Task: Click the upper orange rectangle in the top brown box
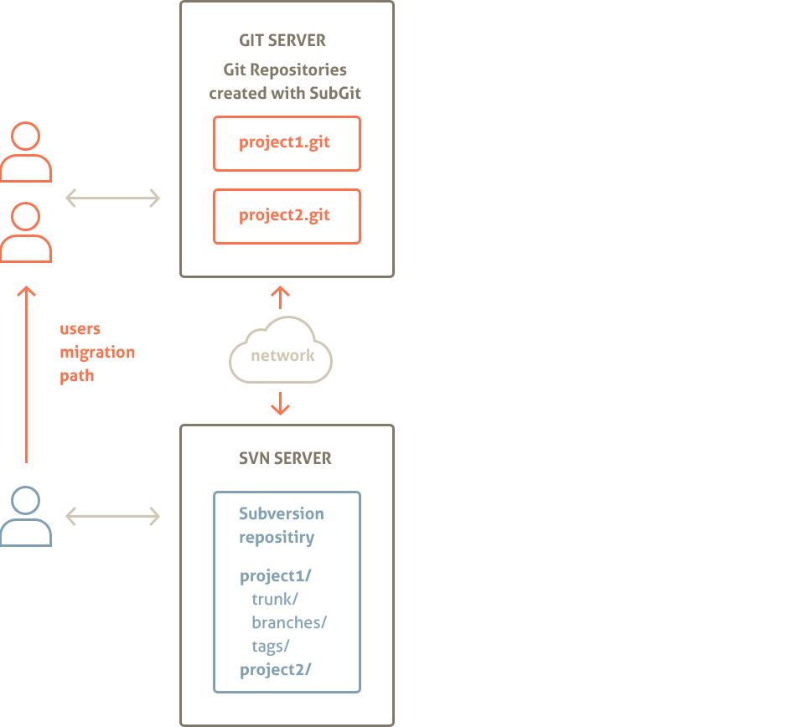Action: (x=287, y=143)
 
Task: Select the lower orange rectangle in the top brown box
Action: (x=287, y=216)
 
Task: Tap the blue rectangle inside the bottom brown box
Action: (x=287, y=591)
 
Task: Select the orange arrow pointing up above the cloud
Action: (x=280, y=295)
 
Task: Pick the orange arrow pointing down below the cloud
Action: (x=280, y=405)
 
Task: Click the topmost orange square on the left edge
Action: (x=20, y=152)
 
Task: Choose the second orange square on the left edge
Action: (x=20, y=232)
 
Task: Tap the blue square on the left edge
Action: (x=20, y=516)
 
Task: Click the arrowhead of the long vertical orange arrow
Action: (x=26, y=291)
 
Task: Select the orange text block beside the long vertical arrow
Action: (x=97, y=354)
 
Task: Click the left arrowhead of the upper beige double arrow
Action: (x=70, y=199)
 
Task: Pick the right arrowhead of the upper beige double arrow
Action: (x=154, y=199)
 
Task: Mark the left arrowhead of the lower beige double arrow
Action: (x=70, y=517)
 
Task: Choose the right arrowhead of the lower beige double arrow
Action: (x=154, y=517)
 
